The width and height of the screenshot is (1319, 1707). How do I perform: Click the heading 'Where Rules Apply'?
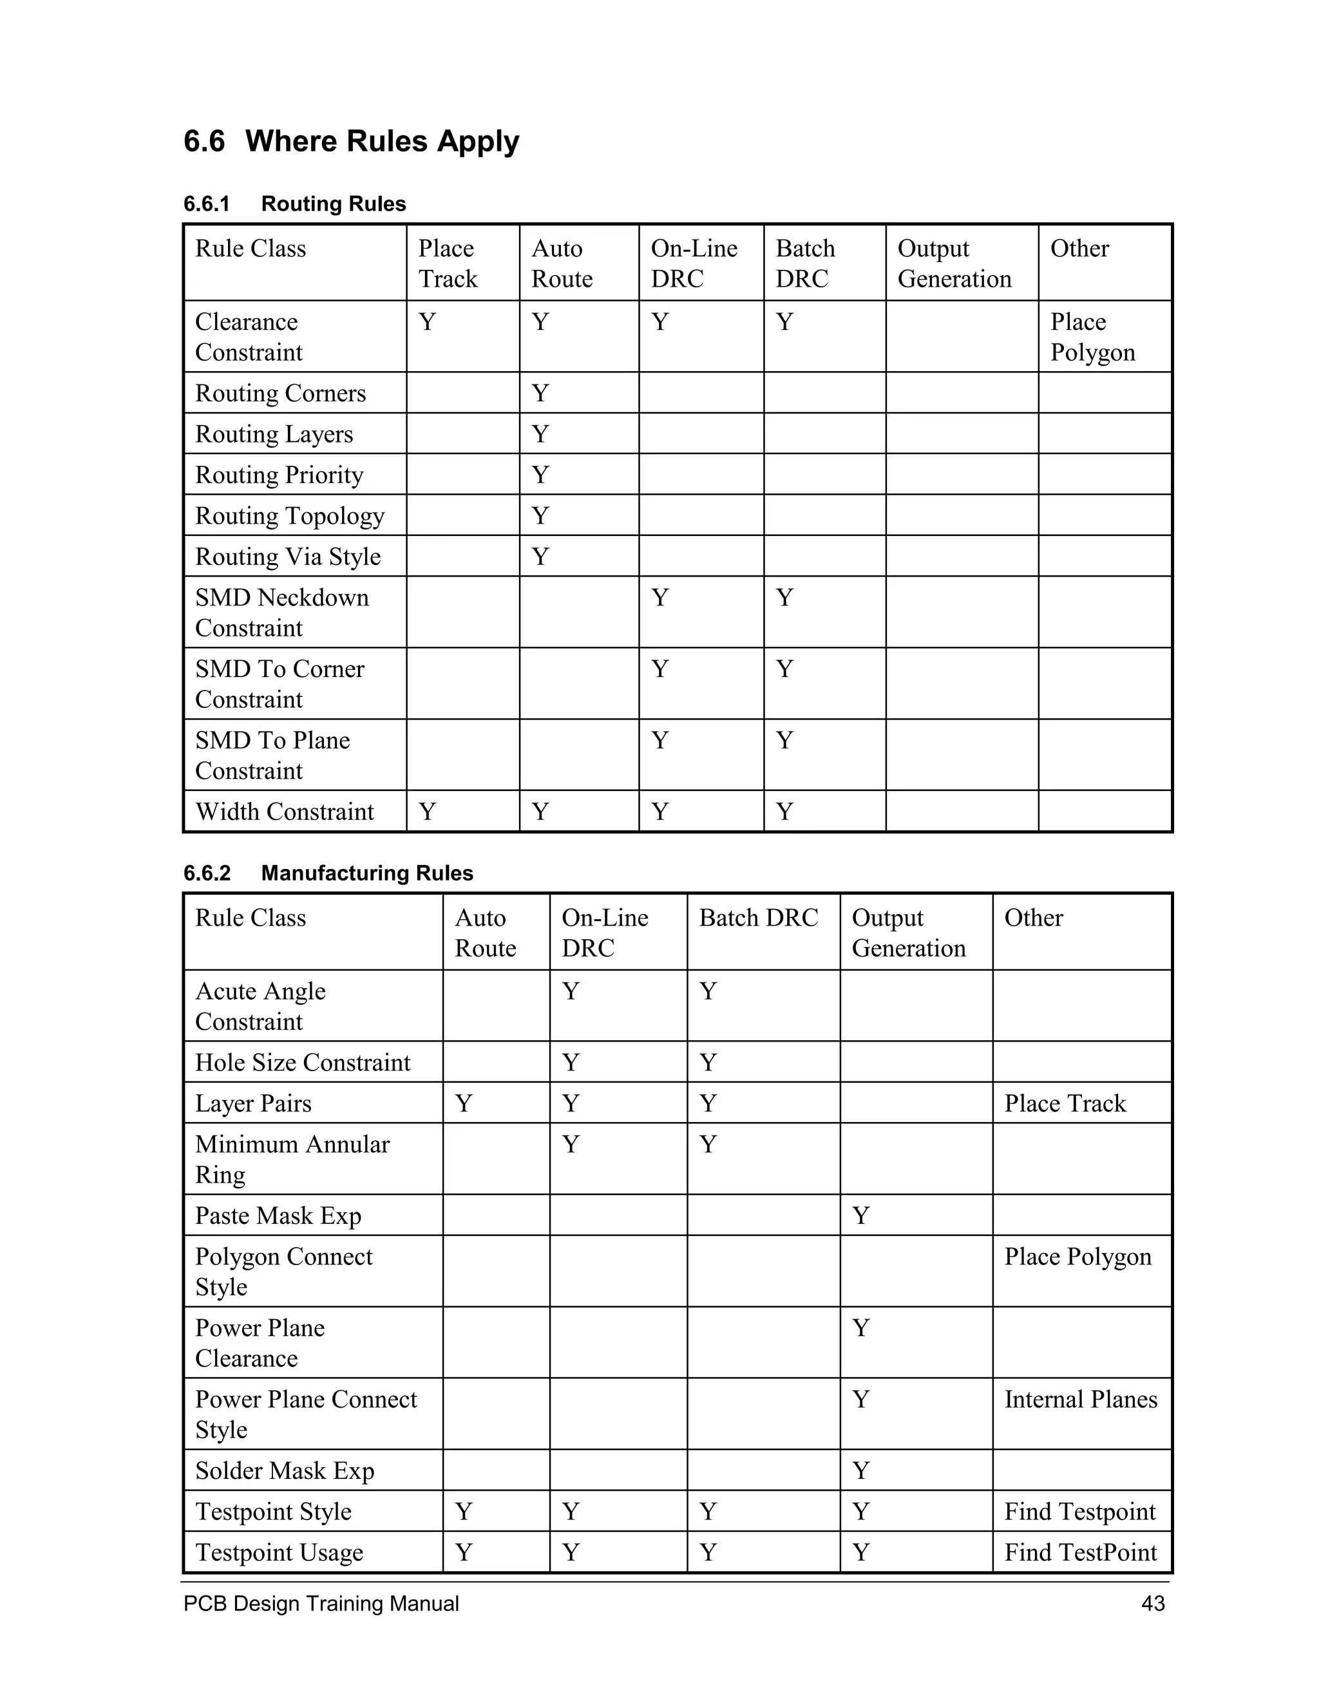click(x=381, y=142)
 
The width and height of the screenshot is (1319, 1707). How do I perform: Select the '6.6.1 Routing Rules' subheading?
click(x=294, y=204)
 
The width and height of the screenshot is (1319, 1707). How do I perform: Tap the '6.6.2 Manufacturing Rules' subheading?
click(x=328, y=873)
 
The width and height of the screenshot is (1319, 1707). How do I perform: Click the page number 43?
click(x=1153, y=1603)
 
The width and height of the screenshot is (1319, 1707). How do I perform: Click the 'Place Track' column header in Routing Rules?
click(x=448, y=263)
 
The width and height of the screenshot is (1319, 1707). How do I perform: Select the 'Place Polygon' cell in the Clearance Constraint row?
click(x=1092, y=337)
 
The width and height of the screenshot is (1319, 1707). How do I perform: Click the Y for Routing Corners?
click(x=540, y=393)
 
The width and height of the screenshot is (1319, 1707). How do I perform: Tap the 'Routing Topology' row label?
click(x=289, y=516)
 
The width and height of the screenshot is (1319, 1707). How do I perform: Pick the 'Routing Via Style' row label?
click(x=287, y=557)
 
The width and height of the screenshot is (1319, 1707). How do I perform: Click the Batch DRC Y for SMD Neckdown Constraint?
click(x=784, y=598)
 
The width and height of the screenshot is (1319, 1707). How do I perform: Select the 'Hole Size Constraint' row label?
click(x=303, y=1062)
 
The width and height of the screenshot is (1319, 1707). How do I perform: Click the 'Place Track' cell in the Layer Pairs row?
click(x=1064, y=1103)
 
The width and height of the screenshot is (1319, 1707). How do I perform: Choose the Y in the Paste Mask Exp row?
click(x=860, y=1216)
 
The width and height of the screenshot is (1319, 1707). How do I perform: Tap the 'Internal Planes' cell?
click(x=1081, y=1399)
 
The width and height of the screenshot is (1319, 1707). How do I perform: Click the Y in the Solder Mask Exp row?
click(x=860, y=1470)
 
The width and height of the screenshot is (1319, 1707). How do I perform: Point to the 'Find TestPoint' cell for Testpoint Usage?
click(x=1080, y=1552)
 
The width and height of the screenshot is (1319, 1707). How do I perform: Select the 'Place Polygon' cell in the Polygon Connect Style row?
click(x=1077, y=1256)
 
